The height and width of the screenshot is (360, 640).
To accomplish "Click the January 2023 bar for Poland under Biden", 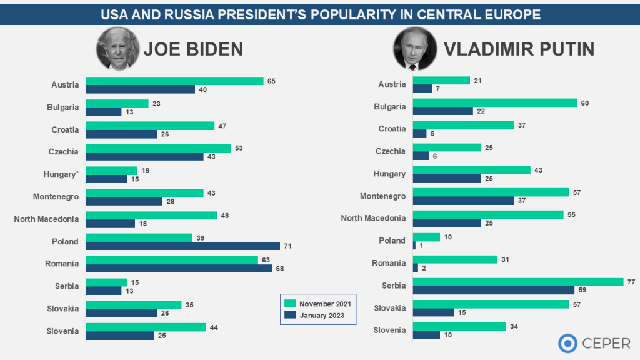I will tap(182, 246).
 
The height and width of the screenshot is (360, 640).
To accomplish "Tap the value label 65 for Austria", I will tap(271, 81).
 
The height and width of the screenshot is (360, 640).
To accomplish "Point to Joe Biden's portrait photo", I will tap(118, 49).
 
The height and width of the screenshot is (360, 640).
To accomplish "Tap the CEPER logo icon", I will tap(568, 343).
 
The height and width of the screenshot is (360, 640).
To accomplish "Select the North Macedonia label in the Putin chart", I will tap(373, 218).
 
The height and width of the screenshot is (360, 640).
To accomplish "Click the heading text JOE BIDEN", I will tap(193, 49).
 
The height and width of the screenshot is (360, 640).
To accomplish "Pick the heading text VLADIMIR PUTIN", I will tap(519, 49).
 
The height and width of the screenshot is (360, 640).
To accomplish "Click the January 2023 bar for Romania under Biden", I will tap(179, 269).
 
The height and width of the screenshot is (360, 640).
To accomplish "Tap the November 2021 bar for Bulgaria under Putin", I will tap(495, 102).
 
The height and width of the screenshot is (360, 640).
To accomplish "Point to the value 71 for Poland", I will tap(287, 246).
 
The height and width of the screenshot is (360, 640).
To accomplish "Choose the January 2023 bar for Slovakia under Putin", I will tap(434, 312).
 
